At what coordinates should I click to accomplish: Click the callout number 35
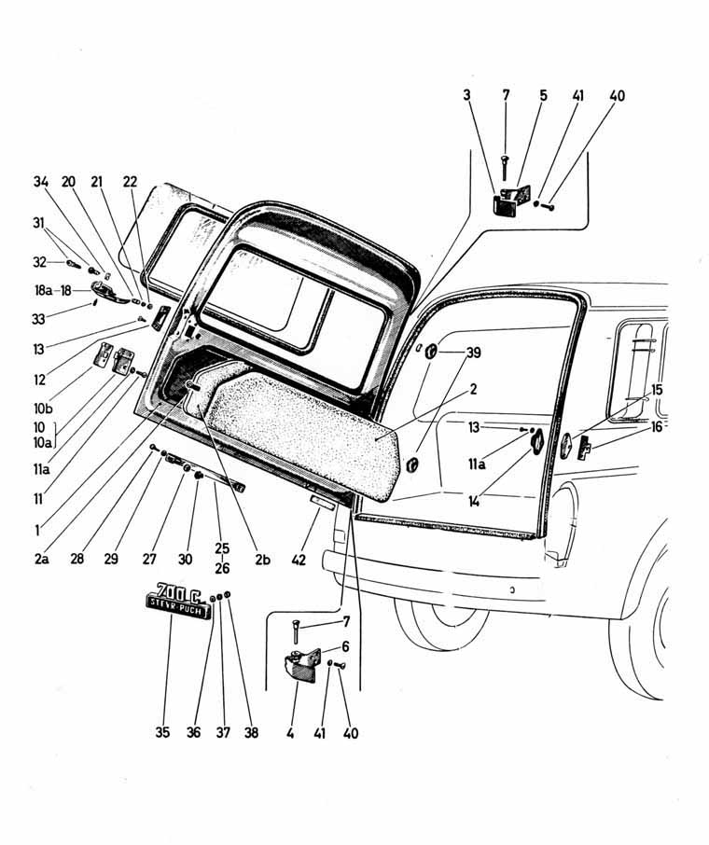point(164,733)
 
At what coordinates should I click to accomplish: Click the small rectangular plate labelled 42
point(322,504)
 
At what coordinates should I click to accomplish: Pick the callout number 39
point(474,353)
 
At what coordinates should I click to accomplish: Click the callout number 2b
point(262,560)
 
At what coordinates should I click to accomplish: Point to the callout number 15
point(658,389)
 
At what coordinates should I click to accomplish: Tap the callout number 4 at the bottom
point(290,733)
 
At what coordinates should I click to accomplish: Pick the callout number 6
point(344,646)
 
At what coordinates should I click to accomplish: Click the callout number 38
point(251,733)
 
